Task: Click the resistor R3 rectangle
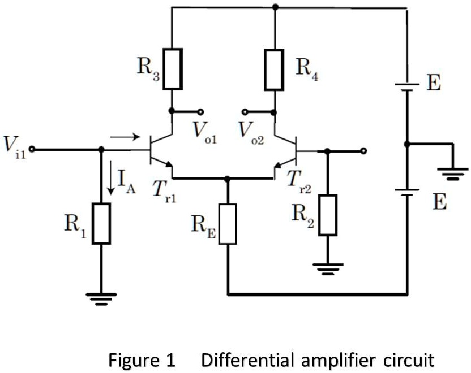(173, 69)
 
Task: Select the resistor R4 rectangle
(275, 69)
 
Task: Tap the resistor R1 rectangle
(101, 223)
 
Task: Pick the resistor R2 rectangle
(327, 215)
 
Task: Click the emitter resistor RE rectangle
(228, 224)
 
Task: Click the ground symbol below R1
(101, 298)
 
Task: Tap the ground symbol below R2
(327, 267)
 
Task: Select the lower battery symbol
(406, 192)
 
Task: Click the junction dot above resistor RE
(228, 179)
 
